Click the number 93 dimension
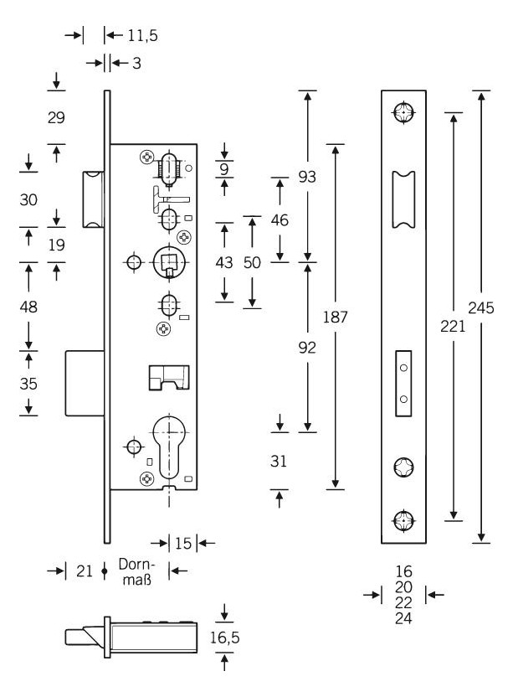tap(307, 177)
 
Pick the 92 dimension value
tap(307, 348)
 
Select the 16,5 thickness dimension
tap(225, 638)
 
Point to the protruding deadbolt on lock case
tap(85, 384)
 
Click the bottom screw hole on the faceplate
tap(404, 521)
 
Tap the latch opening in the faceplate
tap(404, 199)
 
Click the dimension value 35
tap(28, 385)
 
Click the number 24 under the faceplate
tap(404, 619)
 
